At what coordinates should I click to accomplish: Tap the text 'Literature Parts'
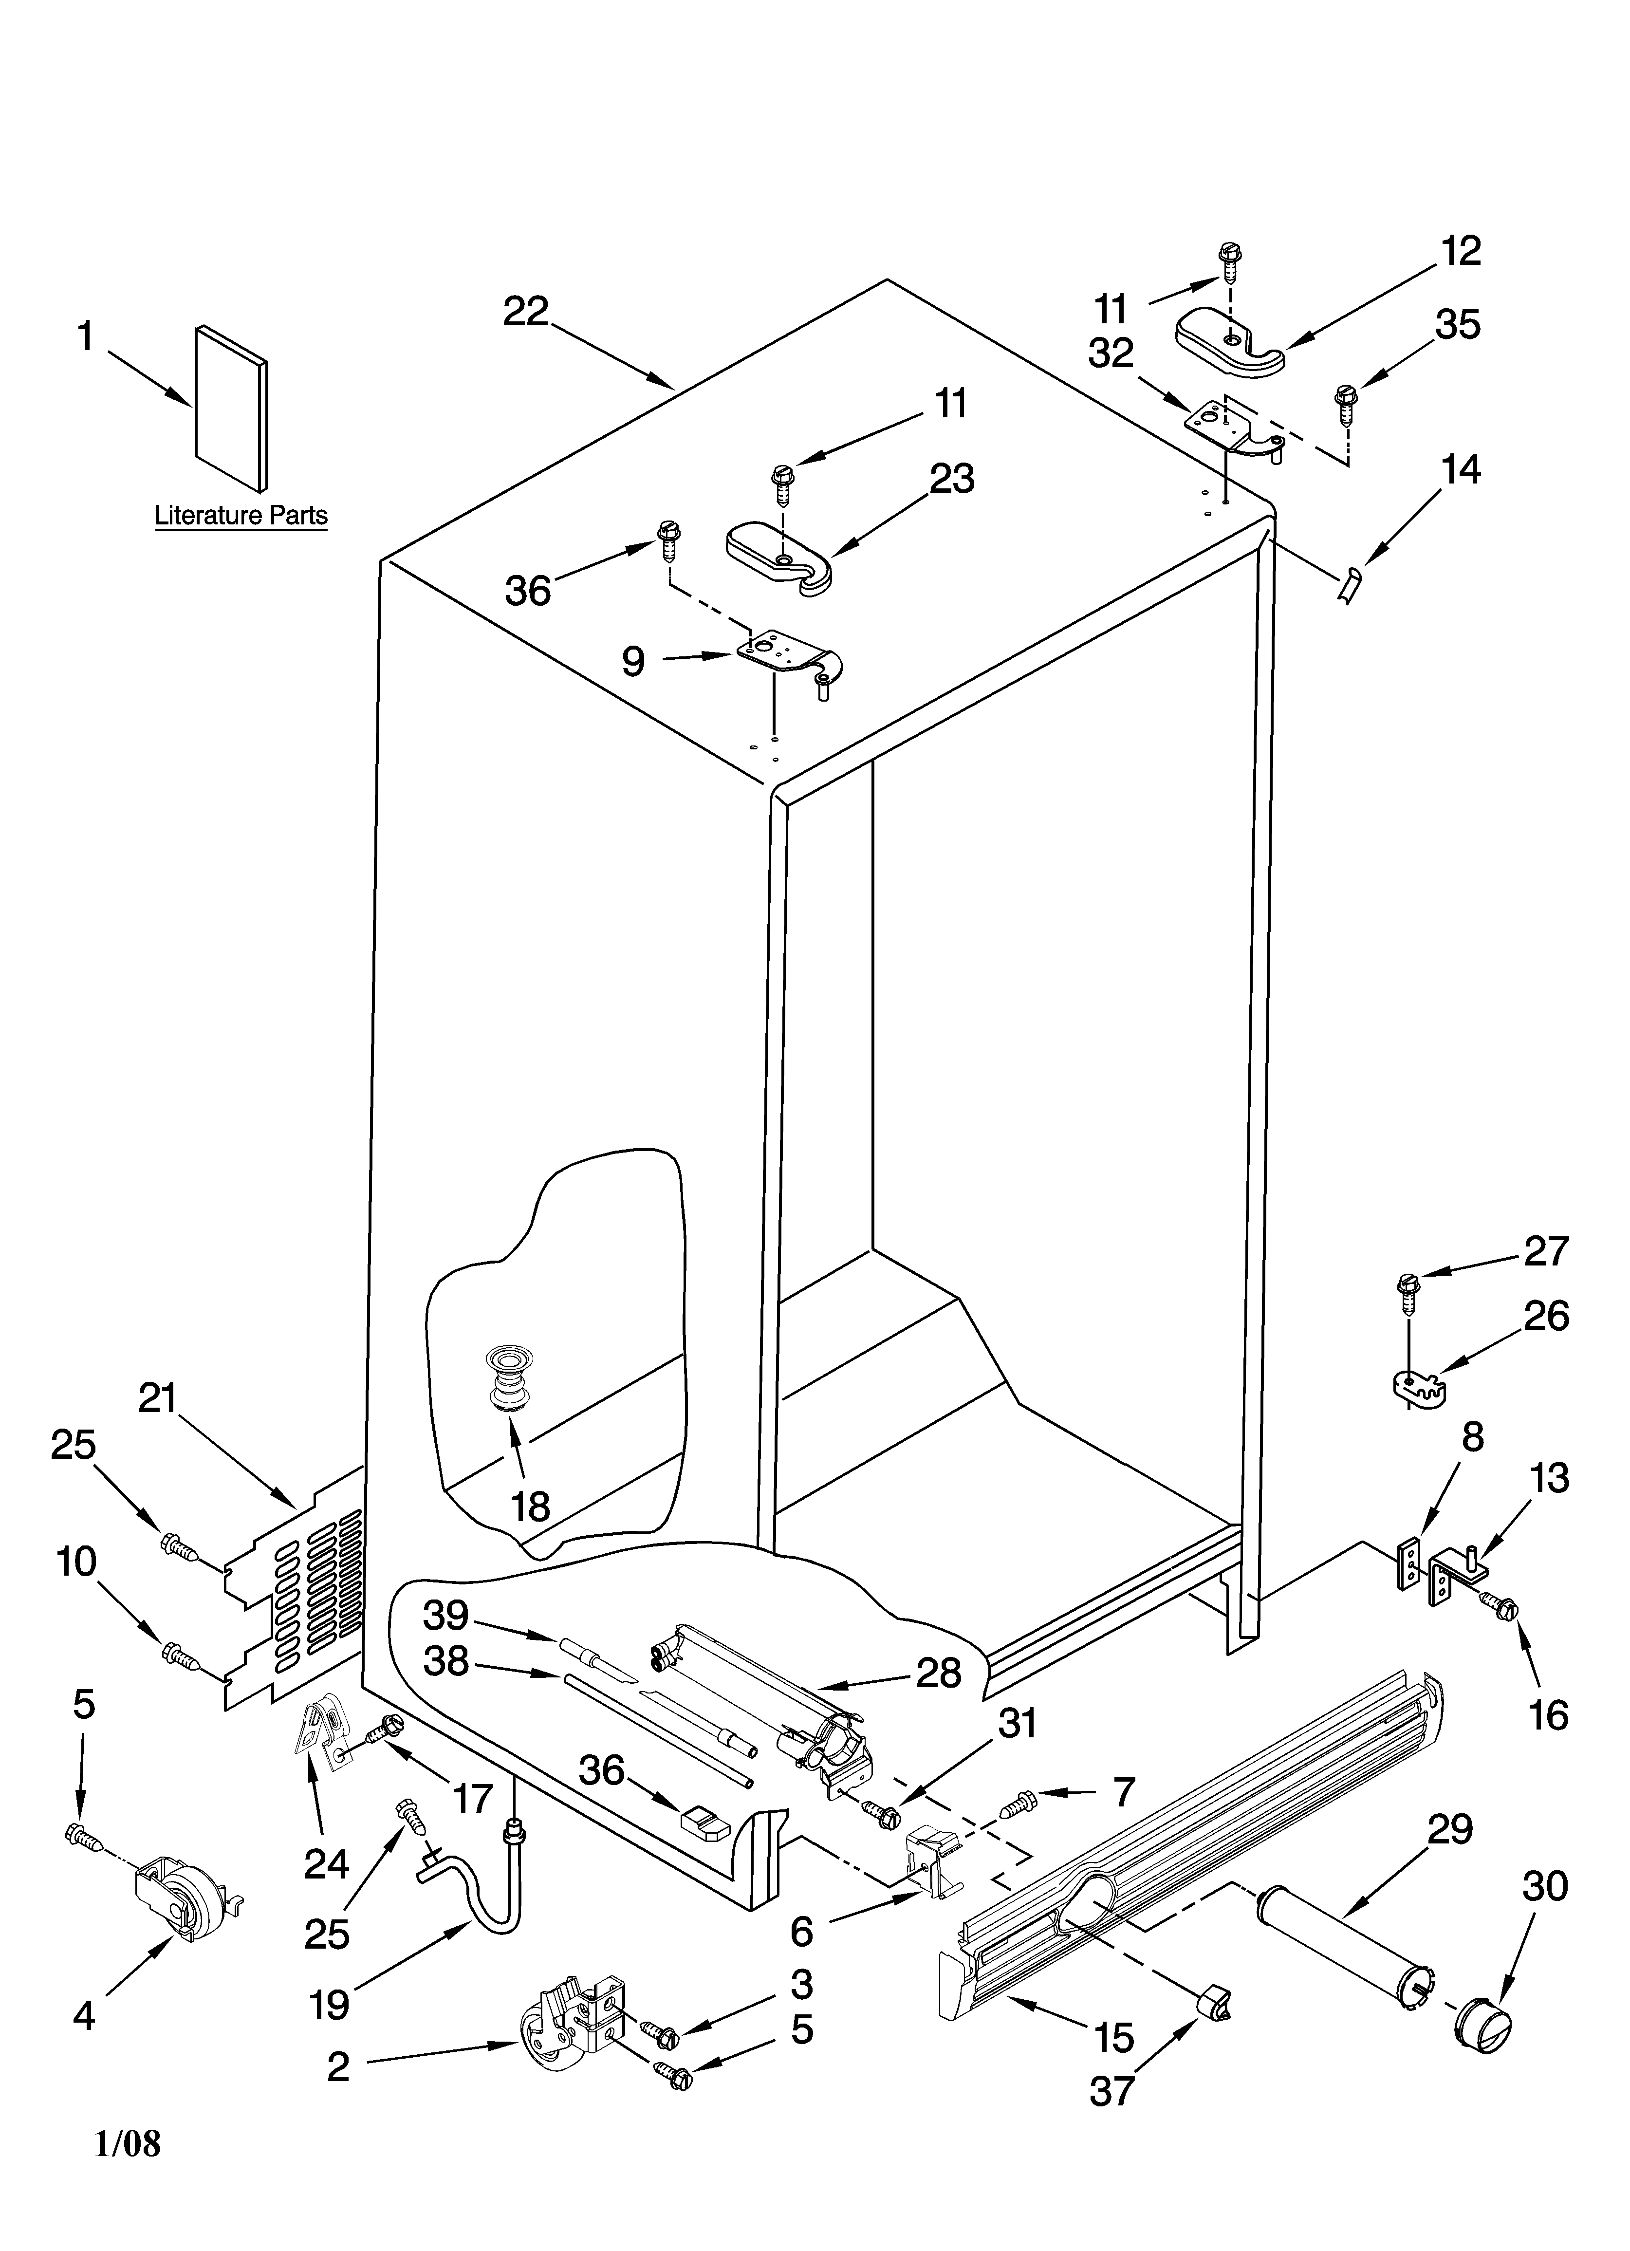[241, 516]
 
